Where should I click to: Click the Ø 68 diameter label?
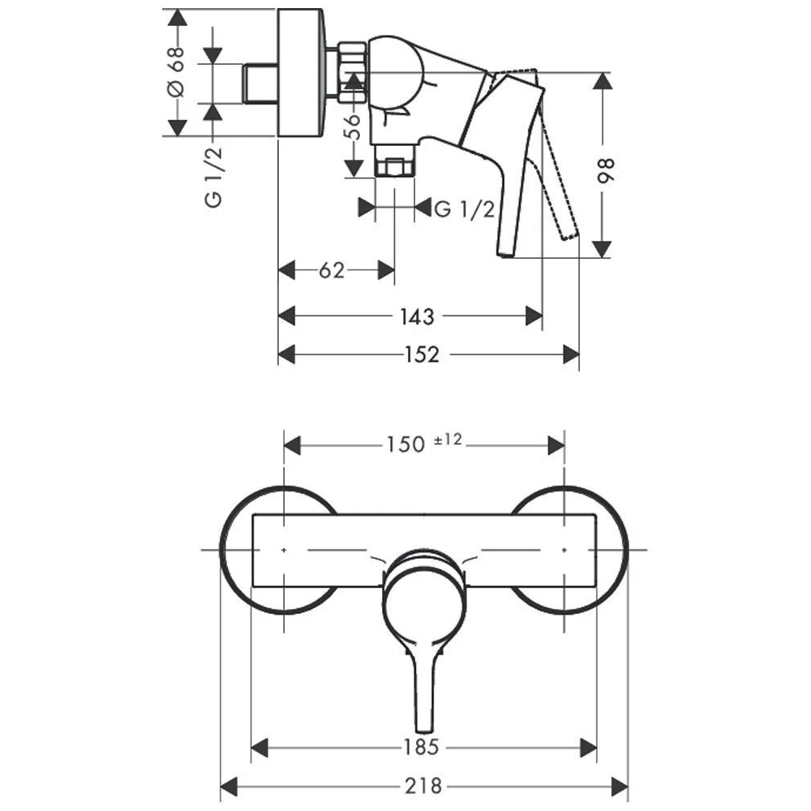pyautogui.click(x=176, y=72)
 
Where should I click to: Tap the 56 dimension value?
pyautogui.click(x=352, y=127)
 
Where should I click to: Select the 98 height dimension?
pyautogui.click(x=605, y=170)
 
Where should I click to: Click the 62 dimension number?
pyautogui.click(x=332, y=270)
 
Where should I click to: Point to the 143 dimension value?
pyautogui.click(x=417, y=316)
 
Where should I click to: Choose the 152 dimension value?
pyautogui.click(x=422, y=355)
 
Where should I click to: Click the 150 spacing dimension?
pyautogui.click(x=406, y=444)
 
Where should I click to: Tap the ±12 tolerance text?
pyautogui.click(x=448, y=440)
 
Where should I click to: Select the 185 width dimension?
pyautogui.click(x=421, y=748)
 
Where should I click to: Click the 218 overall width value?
pyautogui.click(x=423, y=786)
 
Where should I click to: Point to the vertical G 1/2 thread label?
pyautogui.click(x=214, y=178)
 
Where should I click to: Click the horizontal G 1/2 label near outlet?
pyautogui.click(x=465, y=208)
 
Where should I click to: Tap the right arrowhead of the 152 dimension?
pyautogui.click(x=571, y=355)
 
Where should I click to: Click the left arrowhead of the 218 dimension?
pyautogui.click(x=229, y=786)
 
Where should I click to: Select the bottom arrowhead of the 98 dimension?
pyautogui.click(x=602, y=249)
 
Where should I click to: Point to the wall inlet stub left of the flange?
pyautogui.click(x=260, y=84)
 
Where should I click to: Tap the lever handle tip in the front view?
pyautogui.click(x=424, y=728)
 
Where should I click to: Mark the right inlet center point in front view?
pyautogui.click(x=564, y=550)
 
